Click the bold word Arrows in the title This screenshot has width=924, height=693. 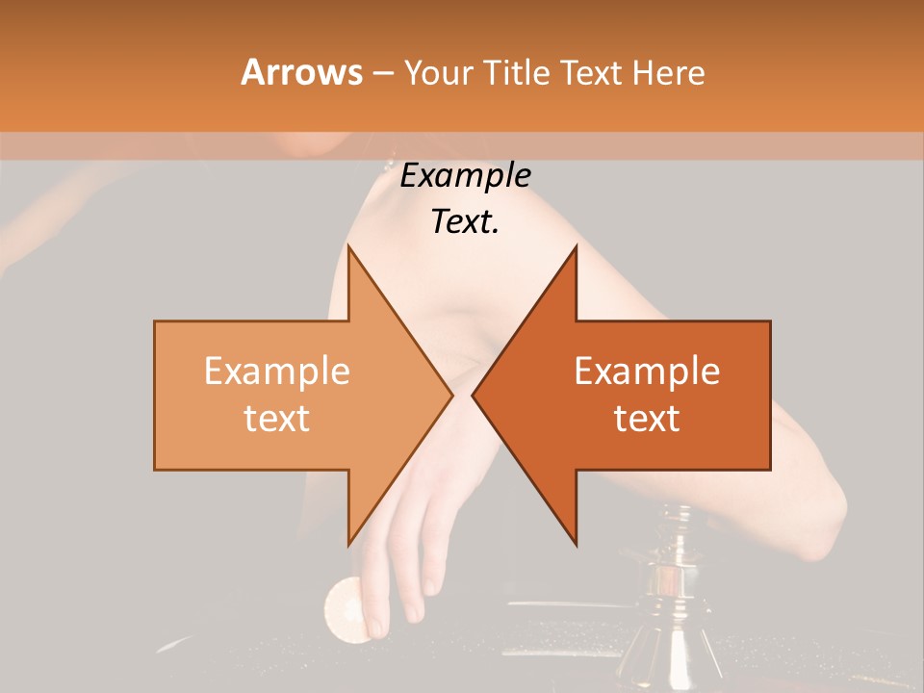(x=301, y=72)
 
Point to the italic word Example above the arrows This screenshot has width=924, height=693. (x=465, y=176)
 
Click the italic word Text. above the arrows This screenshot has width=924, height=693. (x=465, y=222)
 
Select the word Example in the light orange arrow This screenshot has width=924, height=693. (x=277, y=372)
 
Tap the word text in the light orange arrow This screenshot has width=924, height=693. (x=277, y=418)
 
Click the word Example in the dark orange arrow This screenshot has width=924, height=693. (x=647, y=372)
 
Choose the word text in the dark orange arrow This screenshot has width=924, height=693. (x=647, y=418)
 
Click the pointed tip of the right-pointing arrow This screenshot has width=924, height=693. (x=451, y=395)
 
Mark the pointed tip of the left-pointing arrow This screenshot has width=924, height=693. (x=474, y=395)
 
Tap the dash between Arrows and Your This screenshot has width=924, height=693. (x=382, y=73)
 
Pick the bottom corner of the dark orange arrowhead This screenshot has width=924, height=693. (x=576, y=544)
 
